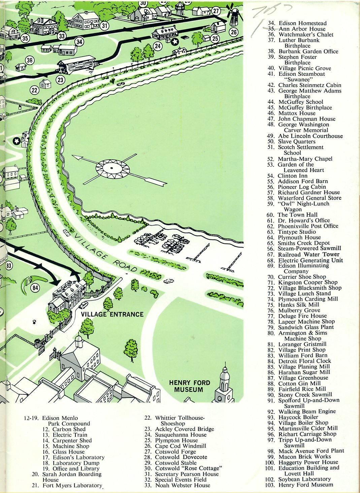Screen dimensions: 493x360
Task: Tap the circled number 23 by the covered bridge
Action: click(61, 80)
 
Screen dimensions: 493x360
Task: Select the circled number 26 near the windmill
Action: click(234, 32)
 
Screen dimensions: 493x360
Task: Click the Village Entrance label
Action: click(112, 315)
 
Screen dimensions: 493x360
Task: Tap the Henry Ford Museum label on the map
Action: click(189, 386)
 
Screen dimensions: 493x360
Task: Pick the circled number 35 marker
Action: click(25, 38)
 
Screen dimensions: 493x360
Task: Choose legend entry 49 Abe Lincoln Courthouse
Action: click(305, 136)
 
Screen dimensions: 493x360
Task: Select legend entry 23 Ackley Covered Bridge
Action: click(179, 429)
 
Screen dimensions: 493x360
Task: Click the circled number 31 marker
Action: click(104, 25)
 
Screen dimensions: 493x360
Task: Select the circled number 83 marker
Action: click(9, 266)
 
